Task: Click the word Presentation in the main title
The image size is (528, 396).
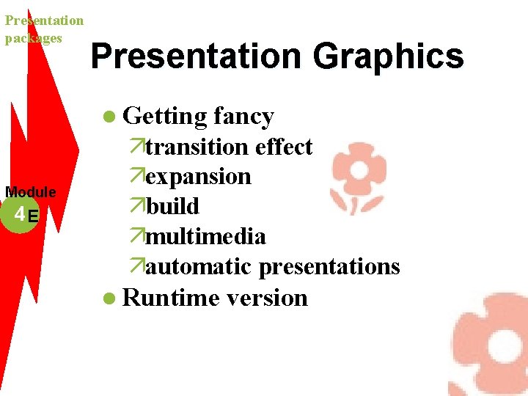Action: pos(197,56)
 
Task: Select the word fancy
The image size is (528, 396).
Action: pos(243,117)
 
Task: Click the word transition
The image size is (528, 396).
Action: pos(197,147)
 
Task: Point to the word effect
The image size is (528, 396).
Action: pos(284,147)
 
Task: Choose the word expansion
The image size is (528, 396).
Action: pos(198,177)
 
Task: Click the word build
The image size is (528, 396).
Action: pos(172,207)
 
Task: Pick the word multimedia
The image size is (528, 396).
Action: pos(205,237)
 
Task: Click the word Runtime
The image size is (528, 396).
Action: pos(171,298)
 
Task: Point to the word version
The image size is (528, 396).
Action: pos(267,298)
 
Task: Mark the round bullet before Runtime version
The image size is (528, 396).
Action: pos(109,298)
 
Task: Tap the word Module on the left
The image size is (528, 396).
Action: pos(31,192)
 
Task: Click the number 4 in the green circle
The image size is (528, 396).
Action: pos(19,214)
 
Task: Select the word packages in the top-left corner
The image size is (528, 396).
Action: pos(34,38)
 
